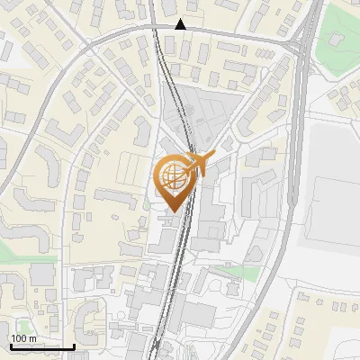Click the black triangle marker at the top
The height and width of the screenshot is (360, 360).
(x=181, y=24)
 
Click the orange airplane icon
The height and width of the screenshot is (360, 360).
(x=198, y=164)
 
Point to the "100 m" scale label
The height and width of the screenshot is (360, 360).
(x=24, y=337)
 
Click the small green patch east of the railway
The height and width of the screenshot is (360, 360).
(x=236, y=272)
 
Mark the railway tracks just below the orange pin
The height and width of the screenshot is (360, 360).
(x=176, y=243)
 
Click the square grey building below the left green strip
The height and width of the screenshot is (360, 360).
(x=40, y=275)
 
